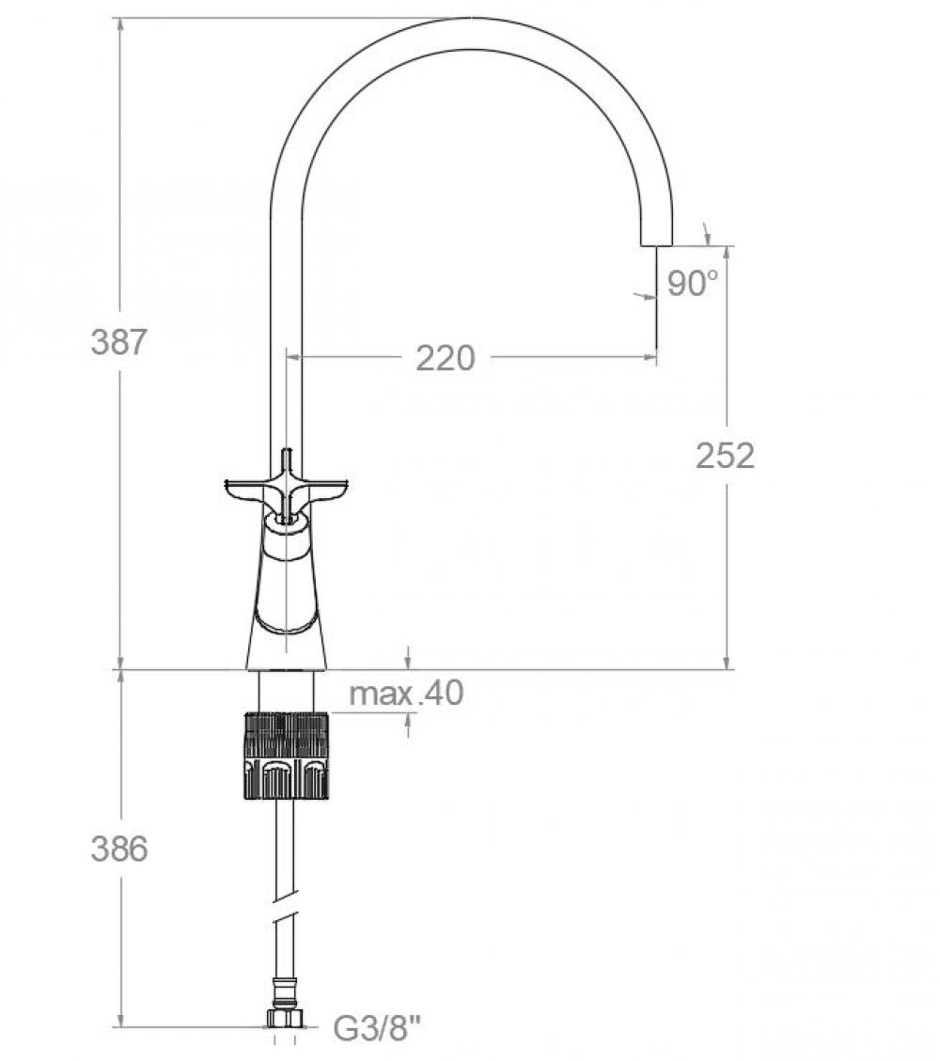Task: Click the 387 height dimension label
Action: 118,341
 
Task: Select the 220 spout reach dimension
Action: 446,358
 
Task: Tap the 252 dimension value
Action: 725,456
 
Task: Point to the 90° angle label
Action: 693,283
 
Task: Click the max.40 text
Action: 406,694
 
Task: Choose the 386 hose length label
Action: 118,849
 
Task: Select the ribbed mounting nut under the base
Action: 286,756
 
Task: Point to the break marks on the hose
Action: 286,914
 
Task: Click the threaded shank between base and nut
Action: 286,691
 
